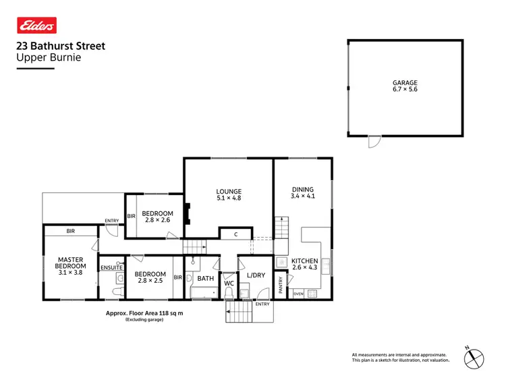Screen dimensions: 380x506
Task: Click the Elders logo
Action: (x=36, y=25)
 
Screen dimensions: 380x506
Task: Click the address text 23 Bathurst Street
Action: (x=60, y=47)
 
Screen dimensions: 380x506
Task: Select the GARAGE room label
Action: (x=405, y=83)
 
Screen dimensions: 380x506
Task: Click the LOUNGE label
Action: (x=229, y=192)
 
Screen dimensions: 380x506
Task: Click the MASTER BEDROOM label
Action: (x=69, y=263)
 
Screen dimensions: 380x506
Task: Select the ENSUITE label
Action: (x=111, y=267)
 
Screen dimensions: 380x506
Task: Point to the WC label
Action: (x=229, y=283)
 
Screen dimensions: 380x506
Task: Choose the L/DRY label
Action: (x=256, y=275)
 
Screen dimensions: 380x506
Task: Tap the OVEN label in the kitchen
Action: (x=298, y=294)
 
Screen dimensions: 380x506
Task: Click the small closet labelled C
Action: (x=235, y=234)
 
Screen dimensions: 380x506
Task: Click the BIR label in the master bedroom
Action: (x=70, y=231)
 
